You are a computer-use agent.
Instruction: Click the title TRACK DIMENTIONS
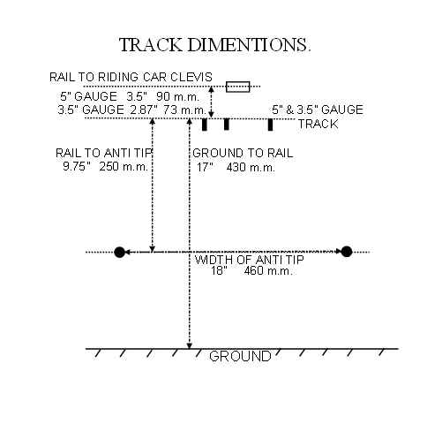tap(215, 45)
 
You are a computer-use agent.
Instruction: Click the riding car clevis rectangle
tap(238, 87)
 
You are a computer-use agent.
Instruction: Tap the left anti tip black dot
tap(119, 252)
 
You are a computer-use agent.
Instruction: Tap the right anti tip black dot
tap(347, 252)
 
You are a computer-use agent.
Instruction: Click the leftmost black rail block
tap(205, 125)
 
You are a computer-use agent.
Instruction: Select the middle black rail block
tap(226, 125)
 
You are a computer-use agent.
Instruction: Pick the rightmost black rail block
tap(270, 125)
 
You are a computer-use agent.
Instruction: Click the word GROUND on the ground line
tap(240, 356)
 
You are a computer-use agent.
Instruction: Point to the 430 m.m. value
tap(251, 168)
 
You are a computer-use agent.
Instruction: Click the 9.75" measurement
tap(77, 167)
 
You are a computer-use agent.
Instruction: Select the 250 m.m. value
tap(124, 167)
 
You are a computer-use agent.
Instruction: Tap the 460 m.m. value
tap(268, 270)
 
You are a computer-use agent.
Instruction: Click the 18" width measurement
tap(219, 270)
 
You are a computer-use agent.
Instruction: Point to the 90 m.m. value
tap(178, 96)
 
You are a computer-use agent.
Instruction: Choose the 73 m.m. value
tap(185, 110)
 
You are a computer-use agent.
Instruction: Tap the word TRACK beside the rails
tap(318, 124)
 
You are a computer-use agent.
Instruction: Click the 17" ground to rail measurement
tap(205, 168)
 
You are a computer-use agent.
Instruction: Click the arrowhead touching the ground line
tap(190, 345)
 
